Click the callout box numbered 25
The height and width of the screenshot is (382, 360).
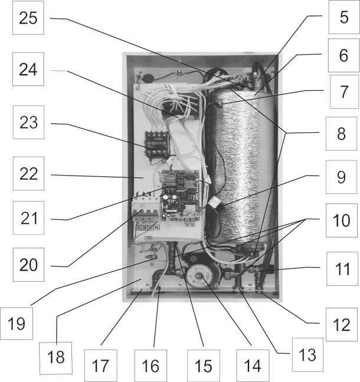tap(28, 18)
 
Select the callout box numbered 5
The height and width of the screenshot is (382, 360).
tap(344, 17)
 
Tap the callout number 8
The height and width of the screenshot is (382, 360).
tap(341, 133)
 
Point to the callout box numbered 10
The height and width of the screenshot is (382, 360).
tap(341, 220)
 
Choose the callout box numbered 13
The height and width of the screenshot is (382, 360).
tap(307, 355)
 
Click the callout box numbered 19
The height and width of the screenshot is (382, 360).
tap(17, 324)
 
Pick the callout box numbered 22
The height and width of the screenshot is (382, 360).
tap(28, 173)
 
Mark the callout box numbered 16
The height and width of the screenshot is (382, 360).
tap(150, 366)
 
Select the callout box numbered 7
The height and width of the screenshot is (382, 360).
tap(345, 91)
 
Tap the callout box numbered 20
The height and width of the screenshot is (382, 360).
tap(28, 265)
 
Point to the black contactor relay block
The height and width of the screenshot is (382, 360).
tap(157, 144)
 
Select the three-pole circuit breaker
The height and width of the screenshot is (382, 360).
tap(146, 208)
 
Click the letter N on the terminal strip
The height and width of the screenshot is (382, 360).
tap(156, 228)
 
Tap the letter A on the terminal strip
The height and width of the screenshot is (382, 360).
tap(139, 228)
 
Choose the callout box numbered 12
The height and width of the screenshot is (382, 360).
tap(342, 324)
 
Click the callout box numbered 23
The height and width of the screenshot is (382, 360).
tap(28, 122)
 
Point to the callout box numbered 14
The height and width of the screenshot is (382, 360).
tap(253, 366)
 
